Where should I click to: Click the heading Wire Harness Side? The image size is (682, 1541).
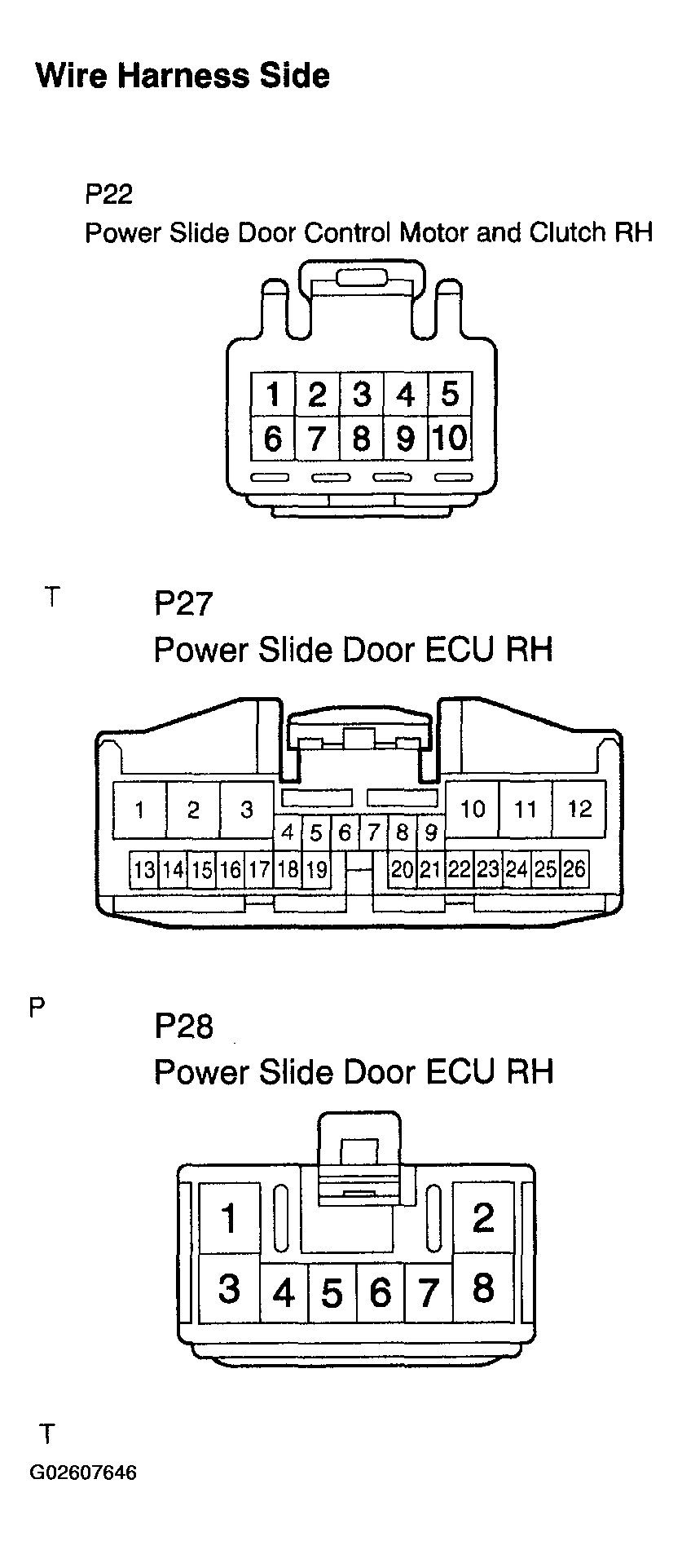coord(183,76)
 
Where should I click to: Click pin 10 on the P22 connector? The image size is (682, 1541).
coord(450,439)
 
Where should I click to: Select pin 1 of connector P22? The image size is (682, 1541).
coord(273,395)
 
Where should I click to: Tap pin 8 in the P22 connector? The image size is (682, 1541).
coord(361,439)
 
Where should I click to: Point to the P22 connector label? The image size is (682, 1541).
coord(108,194)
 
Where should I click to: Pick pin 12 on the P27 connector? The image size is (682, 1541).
coord(579,809)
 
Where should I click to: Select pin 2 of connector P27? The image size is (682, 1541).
coord(193,810)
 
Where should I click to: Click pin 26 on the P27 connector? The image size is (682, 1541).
coord(574,869)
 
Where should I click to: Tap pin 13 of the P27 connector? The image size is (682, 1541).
coord(144,870)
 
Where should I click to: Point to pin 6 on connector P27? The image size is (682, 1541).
coord(345,832)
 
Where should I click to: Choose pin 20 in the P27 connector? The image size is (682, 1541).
coord(403,869)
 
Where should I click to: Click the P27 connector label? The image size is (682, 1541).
coord(183,604)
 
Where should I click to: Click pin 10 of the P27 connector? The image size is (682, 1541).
coord(473,809)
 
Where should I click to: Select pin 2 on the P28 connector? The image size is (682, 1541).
coord(483,1217)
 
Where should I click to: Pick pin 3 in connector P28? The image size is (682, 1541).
coord(229,1288)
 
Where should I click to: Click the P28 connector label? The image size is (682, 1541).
coord(183,1026)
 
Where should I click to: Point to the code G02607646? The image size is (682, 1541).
coord(83,1473)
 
